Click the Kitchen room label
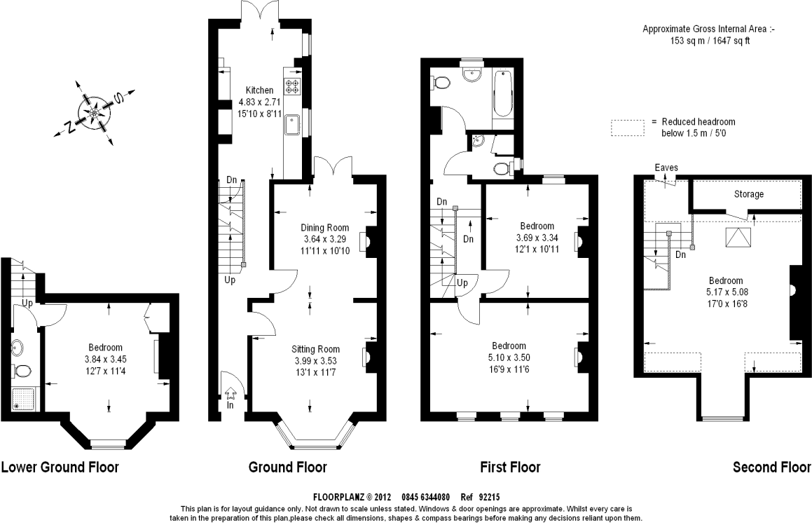coord(259,90)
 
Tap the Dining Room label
coord(324,228)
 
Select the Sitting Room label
coord(315,349)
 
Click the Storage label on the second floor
coord(749,194)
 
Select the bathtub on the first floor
coord(503,95)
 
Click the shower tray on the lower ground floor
coord(22,399)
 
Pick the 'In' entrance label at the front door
coord(230,405)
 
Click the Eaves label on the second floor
coord(666,168)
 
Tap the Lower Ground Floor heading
coord(60,468)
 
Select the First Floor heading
coord(511,468)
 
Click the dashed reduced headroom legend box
coord(628,128)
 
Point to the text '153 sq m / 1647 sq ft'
coord(710,41)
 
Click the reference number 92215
coord(489,497)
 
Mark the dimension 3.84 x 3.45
coord(106,359)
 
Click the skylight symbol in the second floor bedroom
coord(738,238)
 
